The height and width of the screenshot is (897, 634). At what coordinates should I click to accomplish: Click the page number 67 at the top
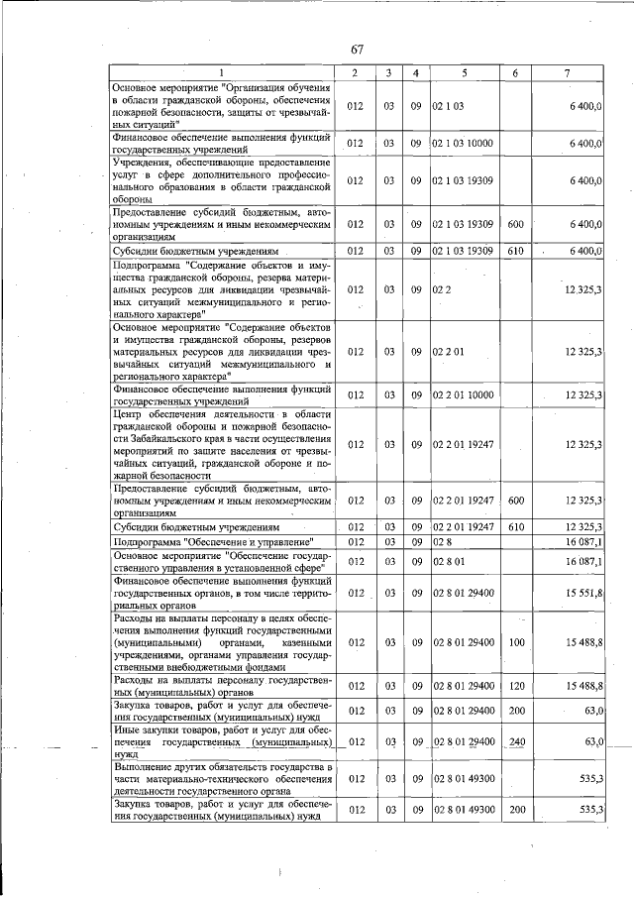[x=358, y=51]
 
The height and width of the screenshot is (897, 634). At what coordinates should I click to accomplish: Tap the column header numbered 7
[x=566, y=73]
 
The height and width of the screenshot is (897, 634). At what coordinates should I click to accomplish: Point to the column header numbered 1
[x=222, y=73]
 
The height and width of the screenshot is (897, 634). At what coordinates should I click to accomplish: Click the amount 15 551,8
[x=583, y=592]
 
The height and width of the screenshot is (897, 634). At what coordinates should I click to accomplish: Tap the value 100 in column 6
[x=515, y=642]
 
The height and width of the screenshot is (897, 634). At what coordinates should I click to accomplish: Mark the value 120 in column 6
[x=515, y=686]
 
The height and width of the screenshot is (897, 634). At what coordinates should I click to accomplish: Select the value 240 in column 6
[x=515, y=741]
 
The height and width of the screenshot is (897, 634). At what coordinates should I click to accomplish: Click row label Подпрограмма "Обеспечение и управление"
[x=213, y=542]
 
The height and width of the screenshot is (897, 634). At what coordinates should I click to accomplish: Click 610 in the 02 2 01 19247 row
[x=515, y=526]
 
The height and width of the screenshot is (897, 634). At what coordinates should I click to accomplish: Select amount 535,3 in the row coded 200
[x=590, y=810]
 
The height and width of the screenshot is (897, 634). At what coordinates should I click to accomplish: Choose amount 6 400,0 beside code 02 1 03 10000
[x=585, y=144]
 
